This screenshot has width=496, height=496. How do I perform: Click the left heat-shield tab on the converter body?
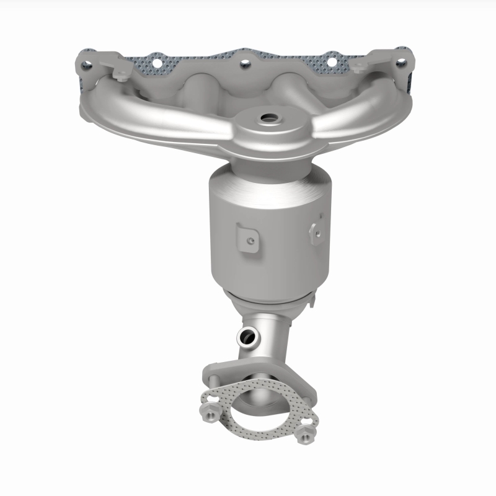tap(247, 237)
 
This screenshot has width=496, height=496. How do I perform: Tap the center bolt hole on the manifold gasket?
tap(244, 63)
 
